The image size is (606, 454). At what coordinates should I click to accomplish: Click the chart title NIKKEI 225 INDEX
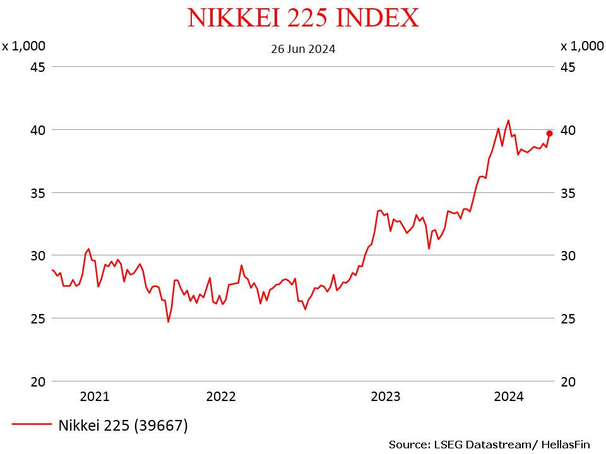point(303,18)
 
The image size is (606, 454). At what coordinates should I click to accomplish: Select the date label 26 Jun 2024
point(303,49)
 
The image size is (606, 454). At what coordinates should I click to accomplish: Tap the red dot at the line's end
point(549,133)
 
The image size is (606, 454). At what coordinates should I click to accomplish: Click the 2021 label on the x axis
point(95,397)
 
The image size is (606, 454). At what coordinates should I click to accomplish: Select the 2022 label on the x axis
point(221,397)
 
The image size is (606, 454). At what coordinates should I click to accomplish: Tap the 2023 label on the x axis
point(386,397)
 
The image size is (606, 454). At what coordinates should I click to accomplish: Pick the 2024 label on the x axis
point(509,397)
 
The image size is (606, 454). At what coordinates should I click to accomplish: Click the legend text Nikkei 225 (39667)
point(124,426)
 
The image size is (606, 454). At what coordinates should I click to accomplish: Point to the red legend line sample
point(32,425)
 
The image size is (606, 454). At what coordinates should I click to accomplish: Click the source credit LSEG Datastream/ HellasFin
point(489,444)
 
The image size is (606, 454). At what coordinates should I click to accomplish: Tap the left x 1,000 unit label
point(23,46)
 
